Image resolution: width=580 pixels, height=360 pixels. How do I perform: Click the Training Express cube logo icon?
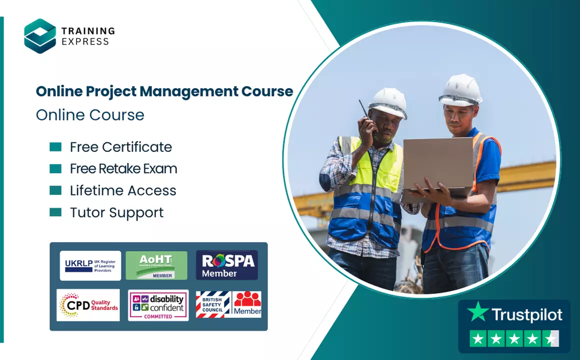(x=40, y=36)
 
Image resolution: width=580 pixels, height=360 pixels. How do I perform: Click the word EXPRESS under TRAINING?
(x=85, y=42)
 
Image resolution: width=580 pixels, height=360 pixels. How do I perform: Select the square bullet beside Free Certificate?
(x=55, y=147)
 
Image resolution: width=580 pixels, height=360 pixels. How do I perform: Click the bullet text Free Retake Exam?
(x=123, y=169)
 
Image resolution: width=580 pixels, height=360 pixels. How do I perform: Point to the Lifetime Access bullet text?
(x=123, y=190)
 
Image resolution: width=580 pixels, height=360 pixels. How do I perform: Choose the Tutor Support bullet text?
(x=116, y=212)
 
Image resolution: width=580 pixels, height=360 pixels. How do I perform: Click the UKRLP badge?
(x=90, y=265)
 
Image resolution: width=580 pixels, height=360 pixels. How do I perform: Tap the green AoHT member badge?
(x=156, y=265)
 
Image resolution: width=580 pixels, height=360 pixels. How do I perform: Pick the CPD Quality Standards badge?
(x=88, y=304)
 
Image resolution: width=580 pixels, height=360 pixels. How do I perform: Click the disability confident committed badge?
(x=158, y=305)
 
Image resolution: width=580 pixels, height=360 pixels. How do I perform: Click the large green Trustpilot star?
(x=477, y=312)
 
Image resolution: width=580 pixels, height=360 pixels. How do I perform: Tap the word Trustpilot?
(x=526, y=314)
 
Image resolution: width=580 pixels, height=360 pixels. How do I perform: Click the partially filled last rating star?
(x=551, y=339)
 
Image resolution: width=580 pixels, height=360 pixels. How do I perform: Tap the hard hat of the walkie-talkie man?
(x=388, y=102)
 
